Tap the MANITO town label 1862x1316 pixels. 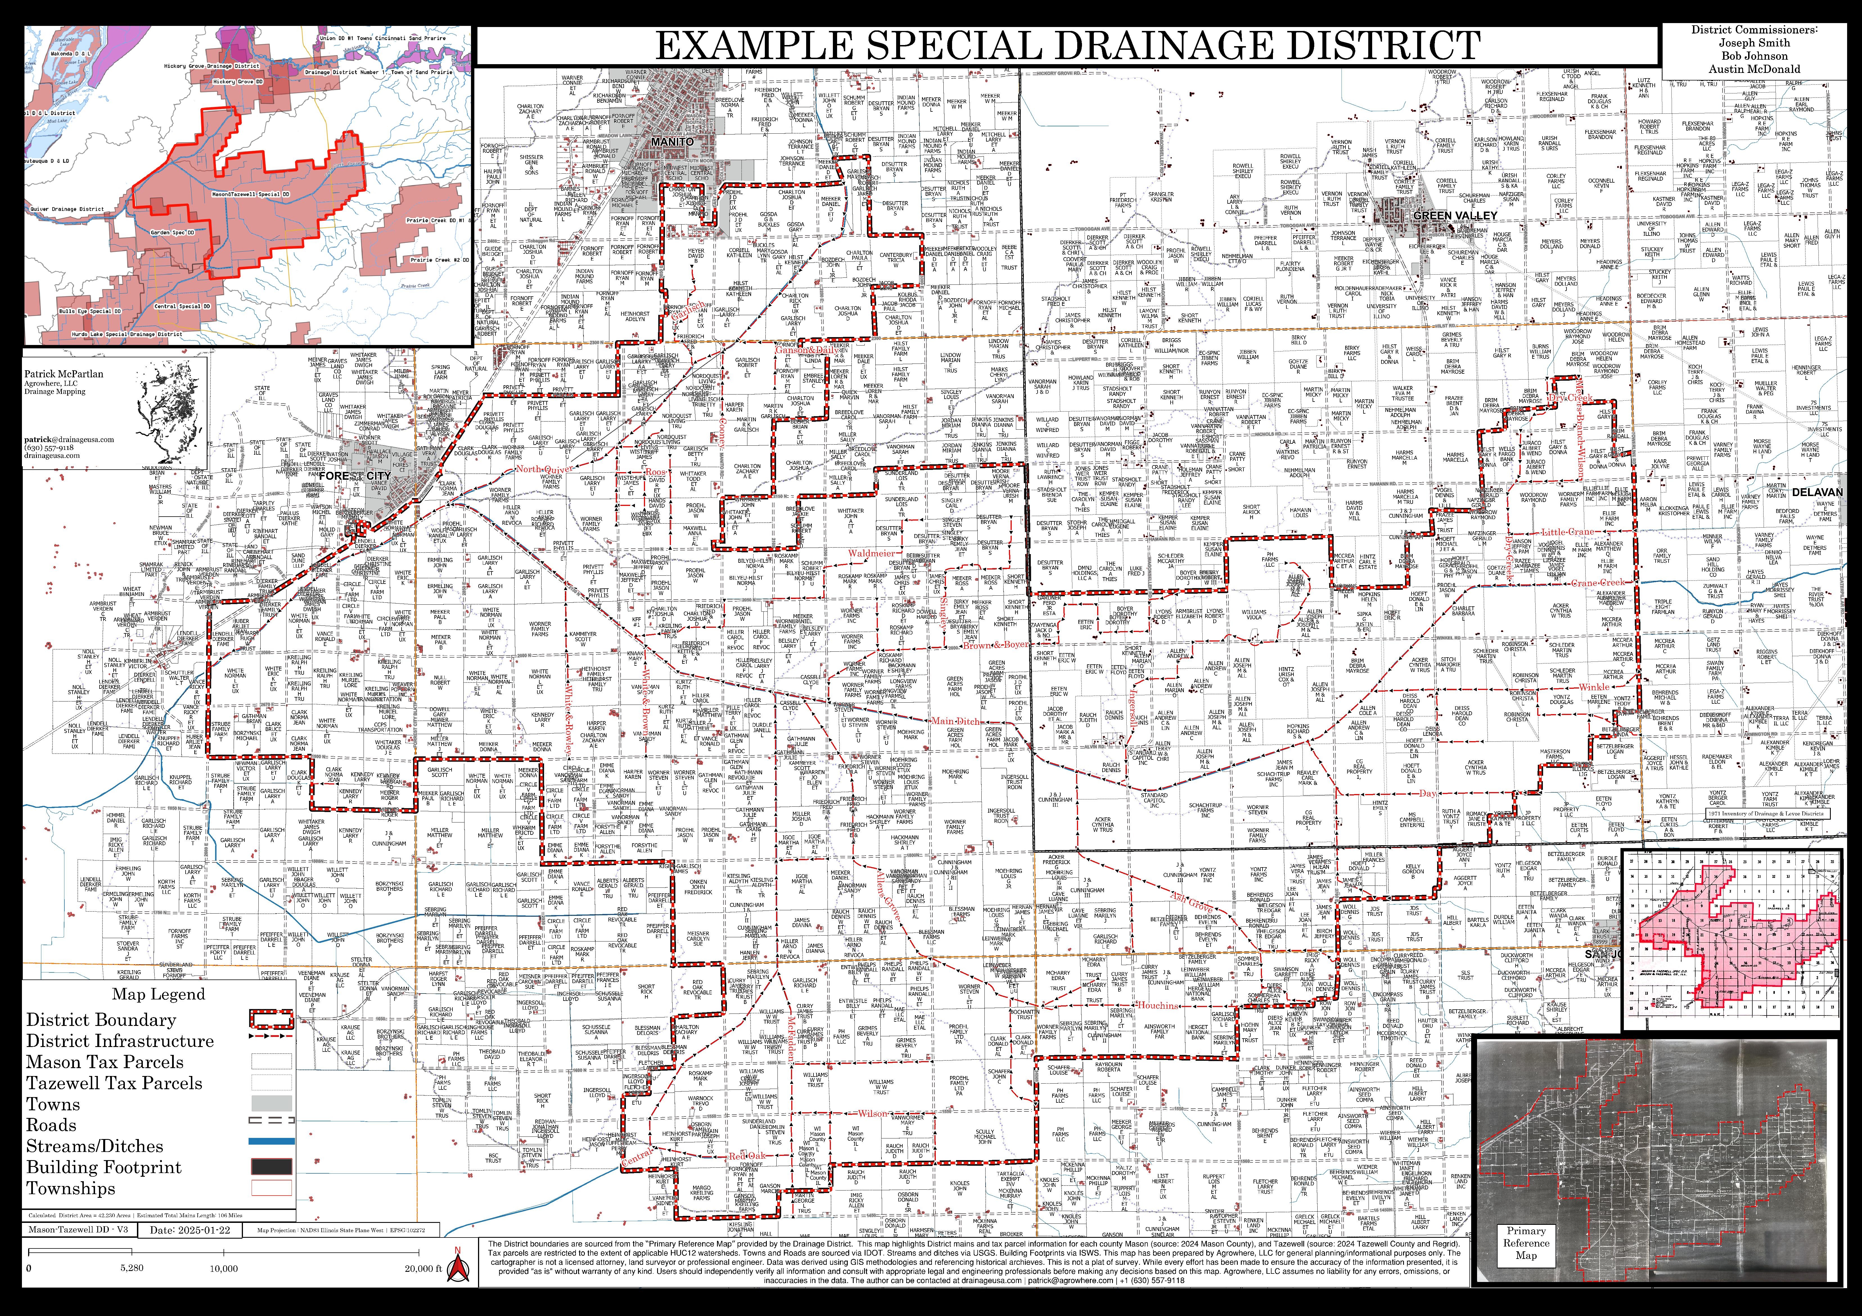tap(672, 142)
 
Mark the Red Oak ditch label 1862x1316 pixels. tap(747, 1155)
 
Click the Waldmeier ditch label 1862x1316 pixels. tap(872, 553)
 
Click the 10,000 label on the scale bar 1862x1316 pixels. tap(224, 1268)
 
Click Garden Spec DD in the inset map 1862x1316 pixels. tap(172, 232)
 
